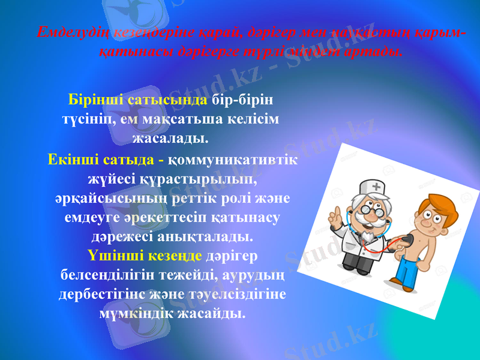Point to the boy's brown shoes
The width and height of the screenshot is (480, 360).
tap(400, 281)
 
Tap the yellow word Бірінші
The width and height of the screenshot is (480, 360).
tap(97, 98)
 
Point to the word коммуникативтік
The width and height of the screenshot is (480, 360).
tap(235, 160)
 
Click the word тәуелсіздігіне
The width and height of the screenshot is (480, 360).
tap(232, 295)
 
